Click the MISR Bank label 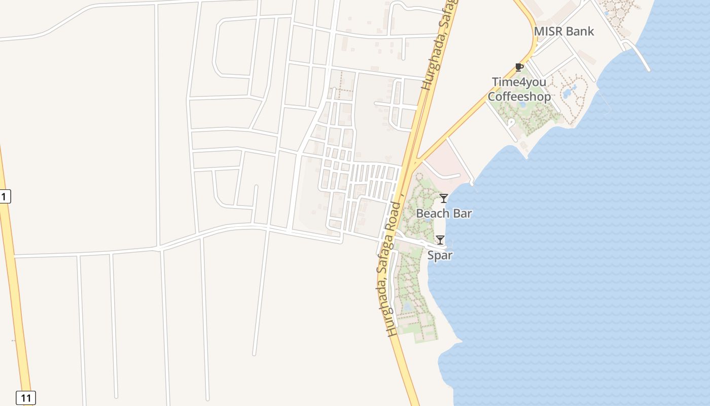[x=564, y=31]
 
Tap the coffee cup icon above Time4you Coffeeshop [x=519, y=67]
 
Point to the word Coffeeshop [x=519, y=96]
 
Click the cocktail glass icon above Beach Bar [x=444, y=198]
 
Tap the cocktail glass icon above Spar [x=440, y=240]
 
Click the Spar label [x=440, y=255]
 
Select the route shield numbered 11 [x=25, y=398]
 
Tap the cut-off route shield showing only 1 [x=5, y=196]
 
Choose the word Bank [x=581, y=31]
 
